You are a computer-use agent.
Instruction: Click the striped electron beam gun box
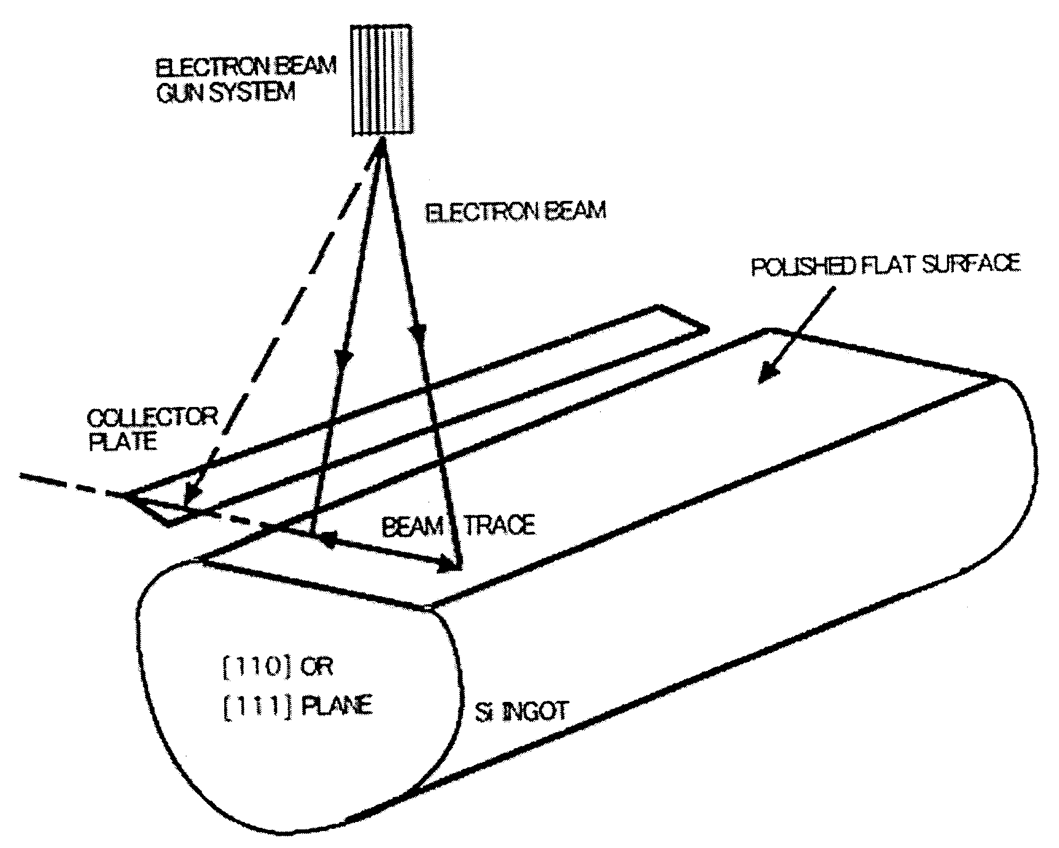coord(381,80)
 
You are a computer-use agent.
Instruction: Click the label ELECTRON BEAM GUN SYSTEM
coord(245,80)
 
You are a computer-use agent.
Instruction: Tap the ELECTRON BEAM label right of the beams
coord(515,211)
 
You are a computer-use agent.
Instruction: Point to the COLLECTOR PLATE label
coord(152,429)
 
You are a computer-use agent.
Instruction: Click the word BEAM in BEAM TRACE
coord(412,527)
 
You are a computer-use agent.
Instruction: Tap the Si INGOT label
coord(521,712)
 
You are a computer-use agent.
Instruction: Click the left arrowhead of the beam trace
coord(329,538)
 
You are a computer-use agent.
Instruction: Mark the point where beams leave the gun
coord(381,146)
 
